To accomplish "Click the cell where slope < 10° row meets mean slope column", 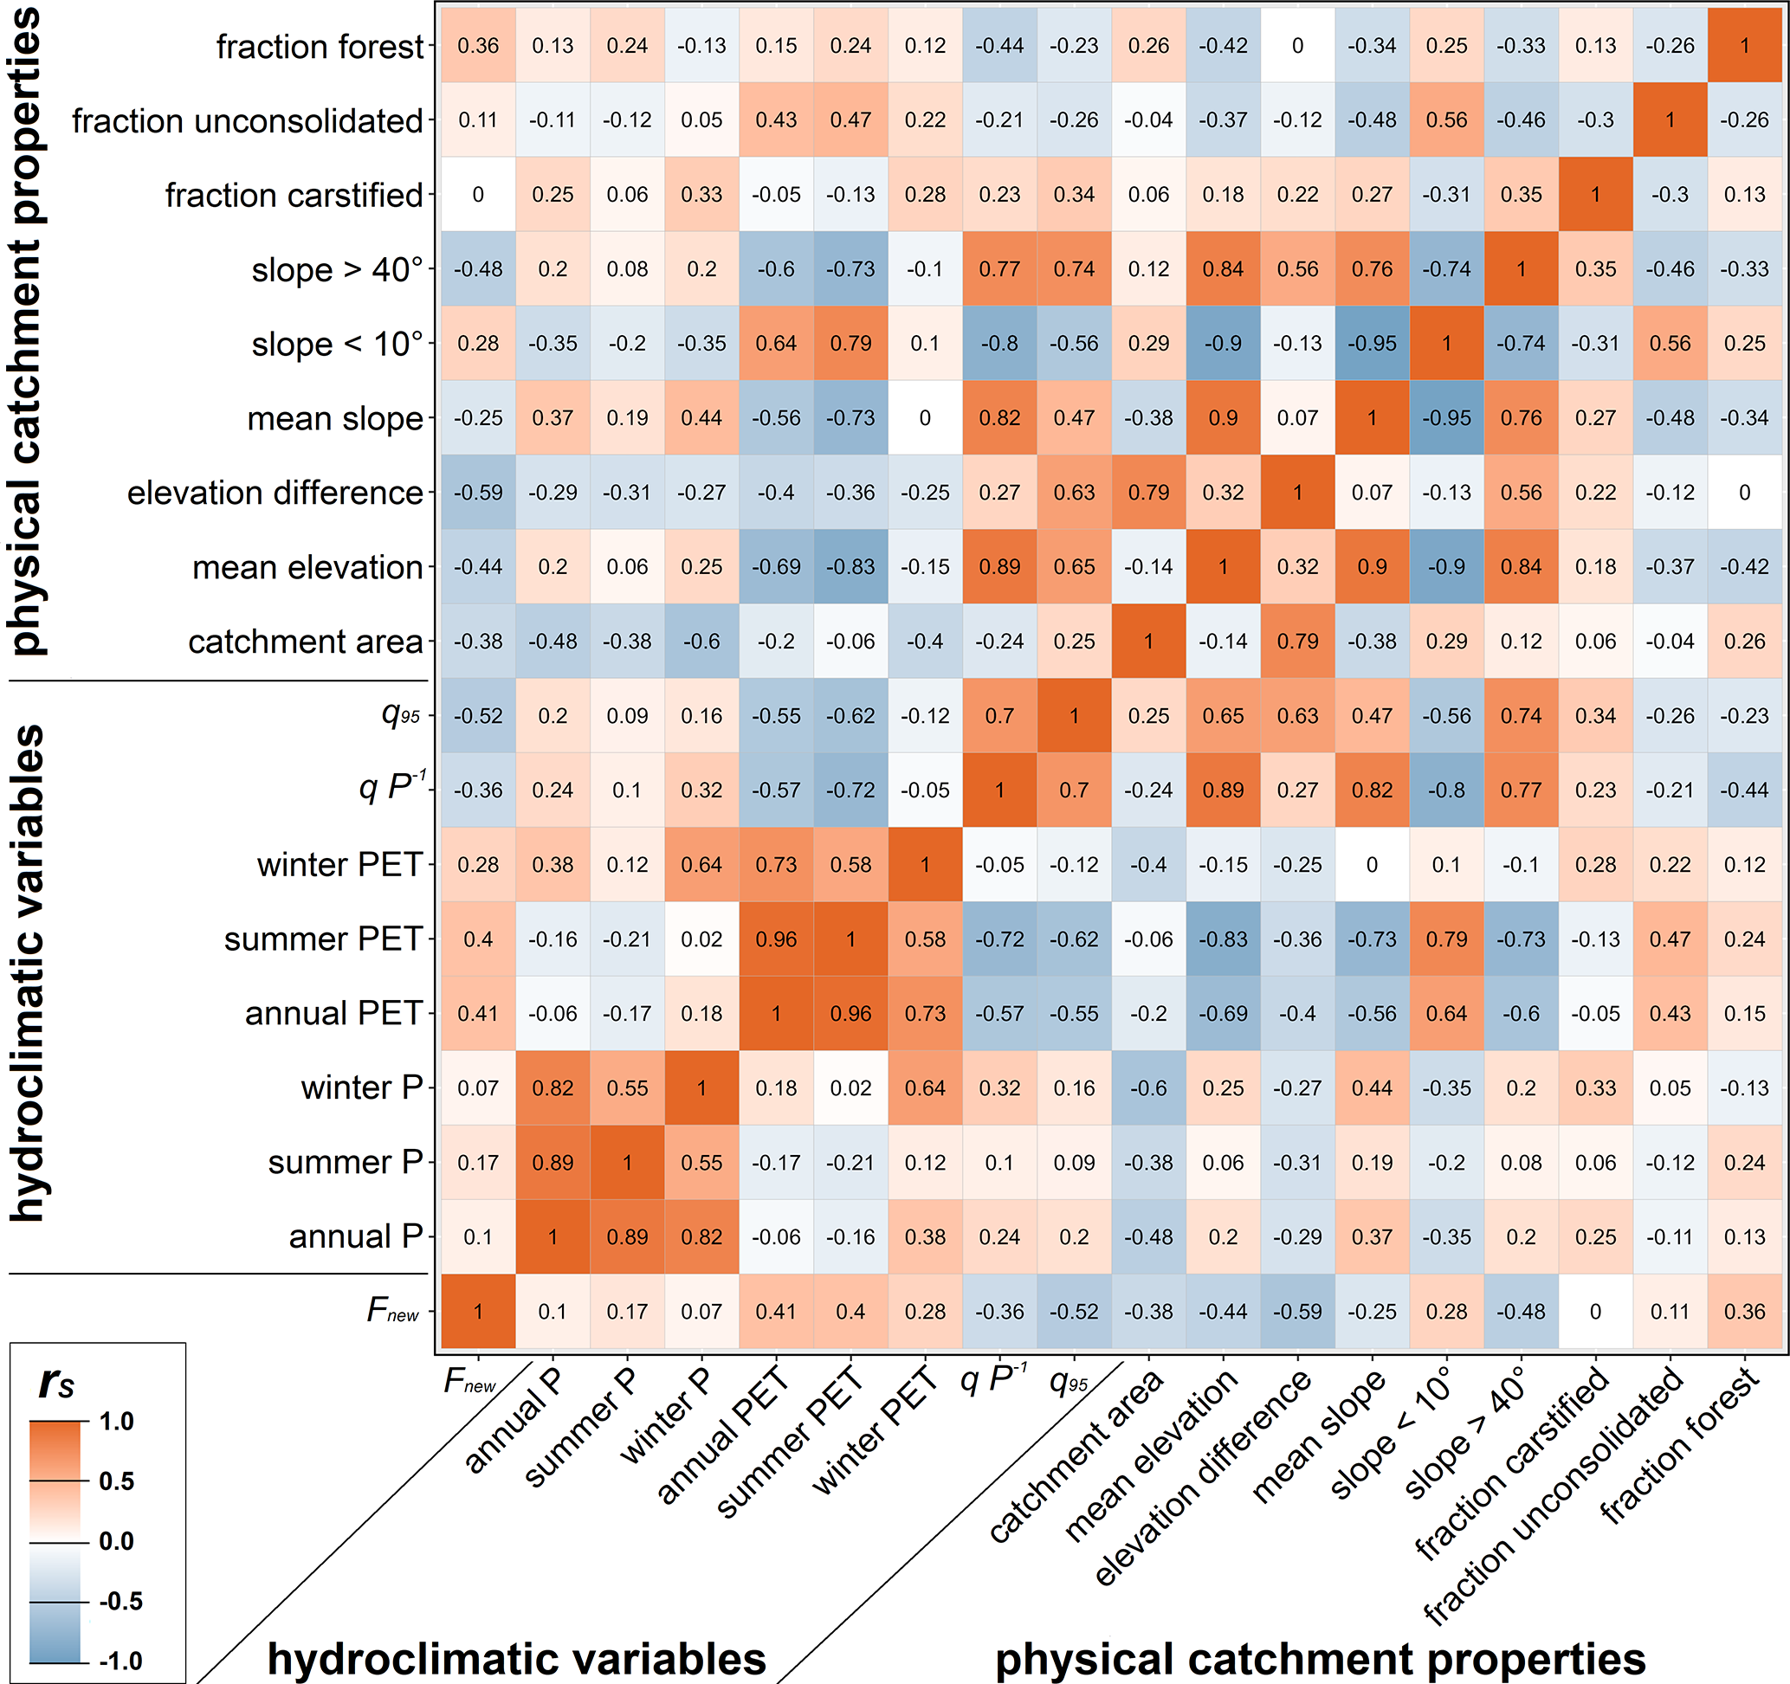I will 1372,344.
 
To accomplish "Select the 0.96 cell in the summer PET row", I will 776,939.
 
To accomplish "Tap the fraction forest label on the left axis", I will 319,47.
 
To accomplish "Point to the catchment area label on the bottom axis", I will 1076,1458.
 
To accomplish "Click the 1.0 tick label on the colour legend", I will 116,1422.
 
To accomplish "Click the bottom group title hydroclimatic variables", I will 517,1658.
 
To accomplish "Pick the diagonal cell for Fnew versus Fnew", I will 478,1312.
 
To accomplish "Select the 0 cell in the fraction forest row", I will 1297,46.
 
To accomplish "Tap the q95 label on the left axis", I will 401,715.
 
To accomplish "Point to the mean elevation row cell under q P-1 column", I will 999,567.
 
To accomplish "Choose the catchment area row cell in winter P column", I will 701,642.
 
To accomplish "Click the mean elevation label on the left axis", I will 307,568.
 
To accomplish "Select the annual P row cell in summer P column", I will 628,1236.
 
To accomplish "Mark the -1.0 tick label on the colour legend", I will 120,1661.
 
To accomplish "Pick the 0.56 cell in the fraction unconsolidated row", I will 1446,120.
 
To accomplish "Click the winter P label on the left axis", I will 362,1088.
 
